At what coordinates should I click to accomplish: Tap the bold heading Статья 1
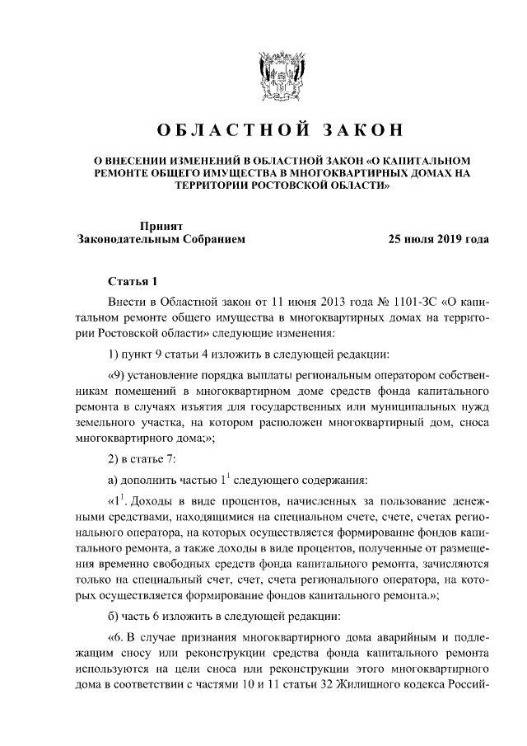[x=132, y=282]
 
